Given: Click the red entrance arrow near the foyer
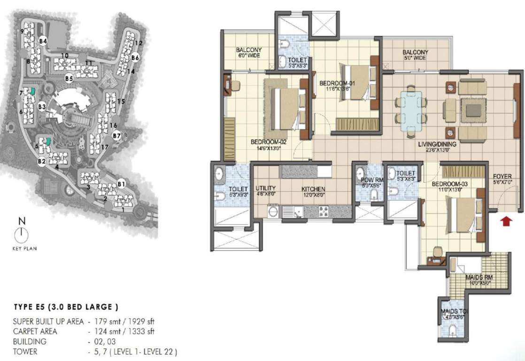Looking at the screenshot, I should pos(506,220).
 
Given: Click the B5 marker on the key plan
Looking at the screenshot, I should pos(69,78).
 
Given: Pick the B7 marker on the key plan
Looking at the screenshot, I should pos(117,136).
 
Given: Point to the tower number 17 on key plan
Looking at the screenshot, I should pos(105,147).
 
